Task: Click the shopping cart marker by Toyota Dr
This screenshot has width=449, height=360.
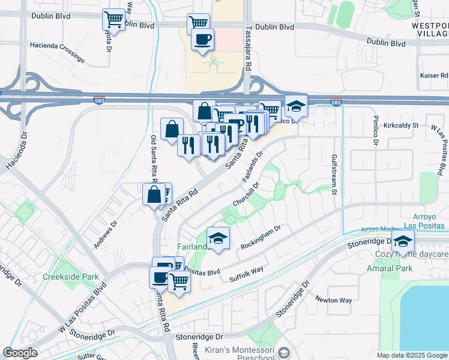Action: click(x=113, y=20)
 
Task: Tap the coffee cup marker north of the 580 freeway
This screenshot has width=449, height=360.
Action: click(x=202, y=40)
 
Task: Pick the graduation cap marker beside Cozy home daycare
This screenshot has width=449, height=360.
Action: click(x=403, y=241)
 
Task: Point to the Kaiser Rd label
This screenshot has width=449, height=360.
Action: click(x=436, y=76)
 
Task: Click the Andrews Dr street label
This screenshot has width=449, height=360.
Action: click(x=103, y=235)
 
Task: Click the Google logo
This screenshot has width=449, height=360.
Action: click(x=20, y=353)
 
